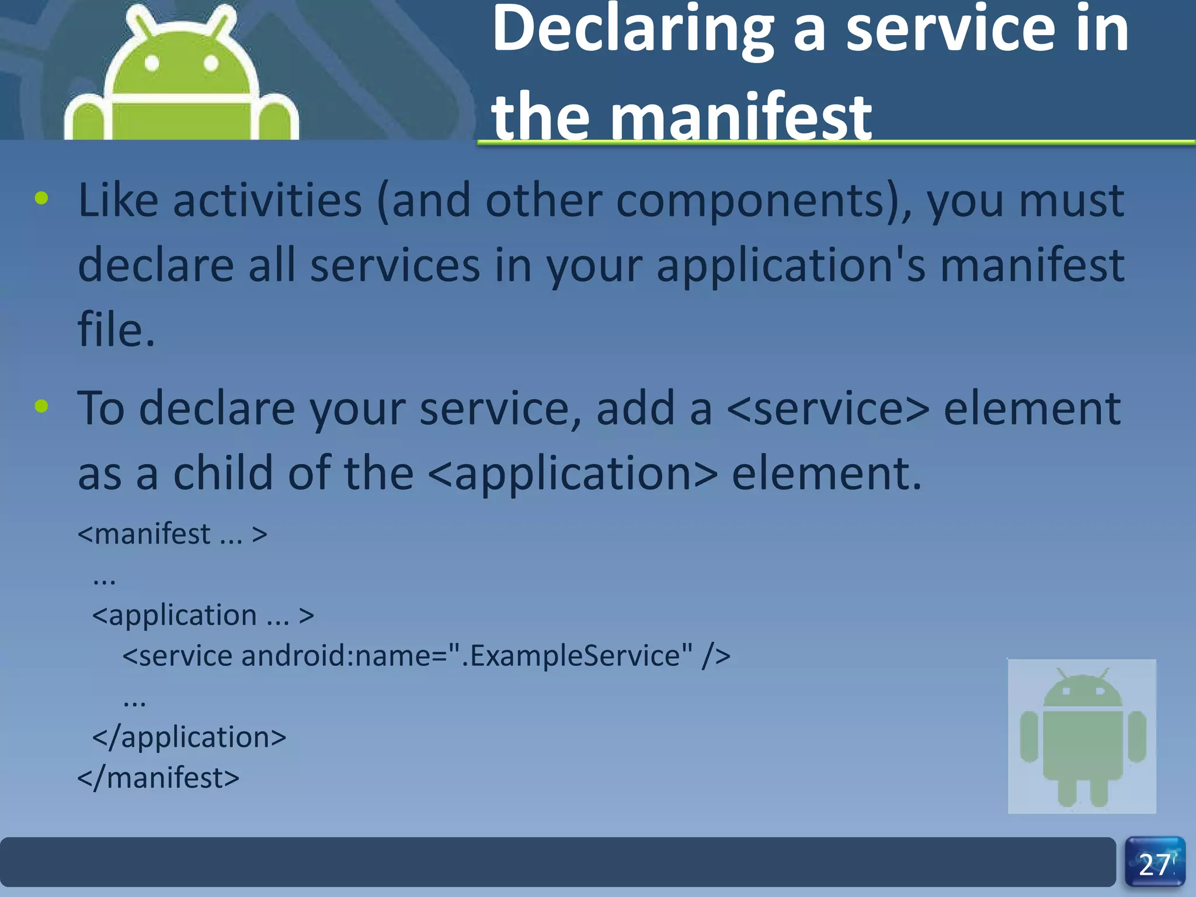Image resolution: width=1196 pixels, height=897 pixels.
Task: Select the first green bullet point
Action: tap(41, 198)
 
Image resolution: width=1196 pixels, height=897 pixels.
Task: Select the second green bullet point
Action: tap(41, 406)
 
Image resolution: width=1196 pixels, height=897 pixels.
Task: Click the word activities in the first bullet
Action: tap(267, 200)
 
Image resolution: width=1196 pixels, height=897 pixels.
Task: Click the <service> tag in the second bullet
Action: tap(828, 408)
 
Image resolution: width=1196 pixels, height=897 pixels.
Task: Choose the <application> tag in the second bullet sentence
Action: tap(572, 473)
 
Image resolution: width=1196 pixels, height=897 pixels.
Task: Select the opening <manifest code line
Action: tap(172, 534)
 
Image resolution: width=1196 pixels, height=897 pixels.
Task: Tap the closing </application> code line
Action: tap(189, 737)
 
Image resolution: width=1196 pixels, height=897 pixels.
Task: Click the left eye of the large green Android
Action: tap(152, 63)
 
